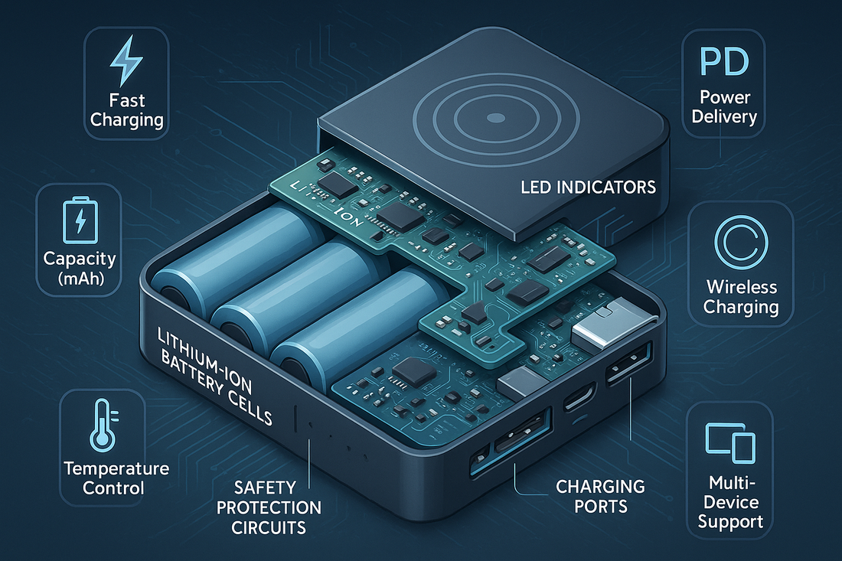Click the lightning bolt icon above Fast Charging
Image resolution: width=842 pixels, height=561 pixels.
[x=127, y=60]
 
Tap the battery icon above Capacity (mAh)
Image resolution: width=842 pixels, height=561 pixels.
[x=80, y=220]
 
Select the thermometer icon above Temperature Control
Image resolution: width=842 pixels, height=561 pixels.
[x=104, y=425]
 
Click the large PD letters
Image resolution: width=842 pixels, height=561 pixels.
[x=724, y=62]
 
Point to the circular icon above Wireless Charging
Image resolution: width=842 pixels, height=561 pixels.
[x=741, y=242]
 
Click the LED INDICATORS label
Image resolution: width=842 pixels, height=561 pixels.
[x=588, y=188]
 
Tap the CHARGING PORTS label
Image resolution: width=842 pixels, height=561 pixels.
[x=600, y=496]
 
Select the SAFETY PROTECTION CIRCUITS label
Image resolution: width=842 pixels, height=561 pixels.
[x=269, y=507]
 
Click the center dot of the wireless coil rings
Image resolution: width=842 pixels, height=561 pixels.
[x=495, y=118]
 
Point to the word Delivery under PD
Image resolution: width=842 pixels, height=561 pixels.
[x=724, y=116]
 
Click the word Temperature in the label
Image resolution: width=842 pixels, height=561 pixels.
[x=116, y=468]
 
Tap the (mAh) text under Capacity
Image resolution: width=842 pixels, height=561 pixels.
[x=80, y=279]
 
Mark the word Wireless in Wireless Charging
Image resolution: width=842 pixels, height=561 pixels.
[x=742, y=287]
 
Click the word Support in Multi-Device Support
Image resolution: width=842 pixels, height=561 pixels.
[x=730, y=522]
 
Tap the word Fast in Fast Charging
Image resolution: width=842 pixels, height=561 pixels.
[x=127, y=100]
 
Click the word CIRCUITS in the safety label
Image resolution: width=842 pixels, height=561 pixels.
[x=269, y=528]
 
